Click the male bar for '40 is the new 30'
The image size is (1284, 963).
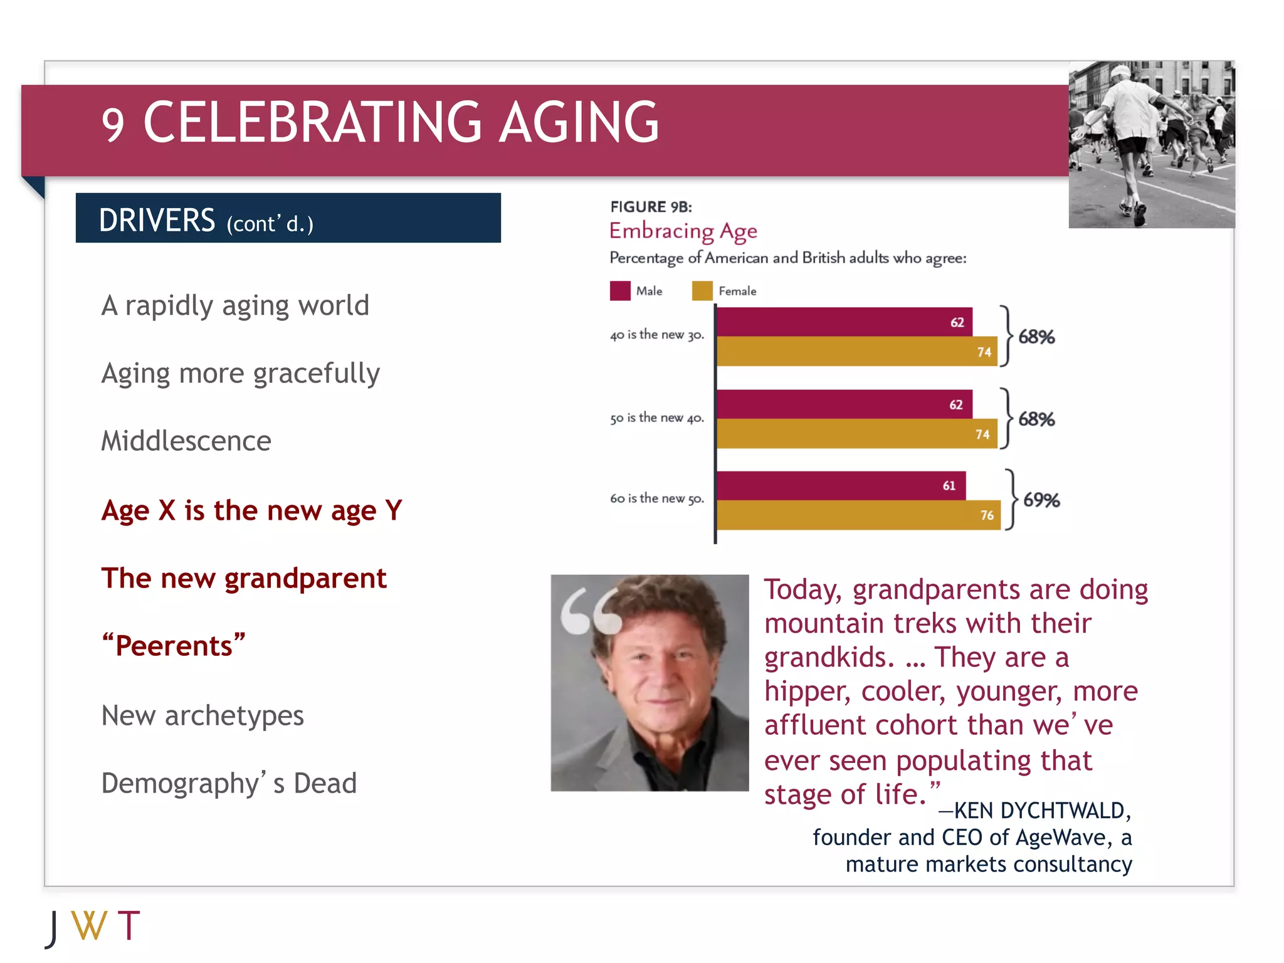[x=844, y=322]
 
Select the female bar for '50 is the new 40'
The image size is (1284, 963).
[x=856, y=434]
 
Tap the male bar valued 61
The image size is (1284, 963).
[x=841, y=485]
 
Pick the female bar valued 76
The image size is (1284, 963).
[x=858, y=515]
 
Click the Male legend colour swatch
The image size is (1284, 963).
[x=619, y=291]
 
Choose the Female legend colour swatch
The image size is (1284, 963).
[x=702, y=291]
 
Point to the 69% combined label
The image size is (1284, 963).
[x=1041, y=500]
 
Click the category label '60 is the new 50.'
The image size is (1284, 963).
[x=656, y=498]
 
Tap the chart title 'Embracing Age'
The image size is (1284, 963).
[x=683, y=231]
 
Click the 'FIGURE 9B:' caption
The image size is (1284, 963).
[x=651, y=207]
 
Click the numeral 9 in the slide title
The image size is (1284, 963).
[x=113, y=125]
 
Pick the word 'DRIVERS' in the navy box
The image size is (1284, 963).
[x=157, y=220]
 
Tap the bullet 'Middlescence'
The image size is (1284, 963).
[x=186, y=441]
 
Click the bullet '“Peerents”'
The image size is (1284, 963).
[x=174, y=645]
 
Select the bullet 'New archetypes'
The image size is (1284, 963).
[x=203, y=715]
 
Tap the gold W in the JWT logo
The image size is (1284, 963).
[x=89, y=925]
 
